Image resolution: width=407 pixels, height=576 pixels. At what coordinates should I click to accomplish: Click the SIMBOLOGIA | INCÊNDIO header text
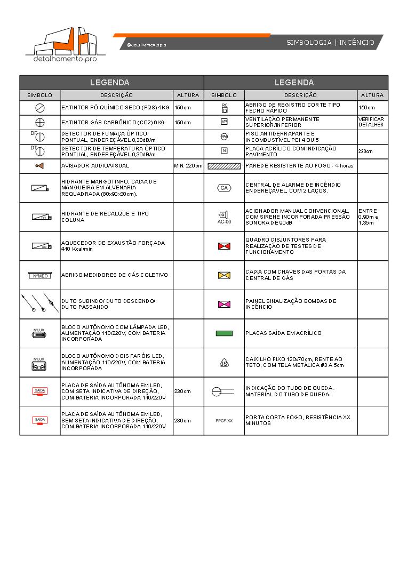click(330, 43)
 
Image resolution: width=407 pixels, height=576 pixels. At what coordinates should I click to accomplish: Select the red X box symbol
click(224, 246)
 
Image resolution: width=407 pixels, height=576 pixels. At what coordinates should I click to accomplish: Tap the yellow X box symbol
click(224, 275)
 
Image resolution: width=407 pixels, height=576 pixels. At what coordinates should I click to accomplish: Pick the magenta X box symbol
click(224, 304)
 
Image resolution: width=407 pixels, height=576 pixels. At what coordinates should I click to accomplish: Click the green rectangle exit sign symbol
click(224, 333)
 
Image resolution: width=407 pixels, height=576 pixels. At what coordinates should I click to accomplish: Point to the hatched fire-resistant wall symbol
click(224, 166)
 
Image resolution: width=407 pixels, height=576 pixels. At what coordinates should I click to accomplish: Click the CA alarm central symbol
click(224, 188)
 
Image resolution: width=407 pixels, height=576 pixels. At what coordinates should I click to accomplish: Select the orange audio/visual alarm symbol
click(39, 166)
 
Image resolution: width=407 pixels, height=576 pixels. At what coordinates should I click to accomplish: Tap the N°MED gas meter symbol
click(39, 275)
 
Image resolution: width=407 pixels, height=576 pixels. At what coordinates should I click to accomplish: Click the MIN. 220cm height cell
click(188, 166)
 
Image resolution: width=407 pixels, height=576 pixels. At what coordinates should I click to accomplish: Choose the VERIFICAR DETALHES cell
click(371, 122)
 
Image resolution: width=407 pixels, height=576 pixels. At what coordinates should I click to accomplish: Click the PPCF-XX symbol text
click(224, 421)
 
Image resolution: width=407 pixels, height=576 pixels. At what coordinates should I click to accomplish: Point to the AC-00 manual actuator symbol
click(224, 216)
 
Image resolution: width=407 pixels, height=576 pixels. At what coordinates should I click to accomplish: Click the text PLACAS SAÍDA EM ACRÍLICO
click(283, 333)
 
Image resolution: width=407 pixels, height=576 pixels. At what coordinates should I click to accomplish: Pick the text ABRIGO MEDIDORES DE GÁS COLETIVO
click(115, 275)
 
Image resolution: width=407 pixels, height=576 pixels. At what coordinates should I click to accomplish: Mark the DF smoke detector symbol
click(39, 137)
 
